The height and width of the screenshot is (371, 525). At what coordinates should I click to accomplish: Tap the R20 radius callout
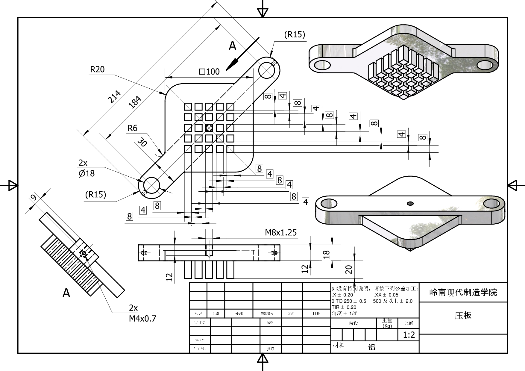pos(98,69)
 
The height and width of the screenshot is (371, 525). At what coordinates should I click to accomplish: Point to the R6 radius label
pos(132,128)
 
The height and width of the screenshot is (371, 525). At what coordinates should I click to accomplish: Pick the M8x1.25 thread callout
pos(281,232)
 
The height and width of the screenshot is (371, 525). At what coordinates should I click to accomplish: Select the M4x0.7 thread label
pos(142,318)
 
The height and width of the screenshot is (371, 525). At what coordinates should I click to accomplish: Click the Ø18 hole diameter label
pos(87,173)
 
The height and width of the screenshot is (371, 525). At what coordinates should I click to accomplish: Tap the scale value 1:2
pos(409,335)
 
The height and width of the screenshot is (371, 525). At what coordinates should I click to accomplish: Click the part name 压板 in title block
pos(463,315)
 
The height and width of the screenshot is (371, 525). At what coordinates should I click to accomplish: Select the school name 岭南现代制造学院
pos(463,292)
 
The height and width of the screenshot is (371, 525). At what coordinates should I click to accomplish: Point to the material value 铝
pos(371,347)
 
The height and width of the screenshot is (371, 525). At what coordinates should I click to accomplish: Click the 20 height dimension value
pos(349,269)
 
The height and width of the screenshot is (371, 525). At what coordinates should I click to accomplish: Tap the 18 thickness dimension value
pos(327,254)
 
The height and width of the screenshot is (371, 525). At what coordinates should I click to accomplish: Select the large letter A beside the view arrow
pos(233,46)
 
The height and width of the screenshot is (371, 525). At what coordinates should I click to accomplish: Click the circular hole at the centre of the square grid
pos(209,128)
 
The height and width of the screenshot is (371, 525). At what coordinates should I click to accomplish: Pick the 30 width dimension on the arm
pos(142,142)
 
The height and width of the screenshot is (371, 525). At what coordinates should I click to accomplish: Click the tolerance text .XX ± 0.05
pos(386,295)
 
